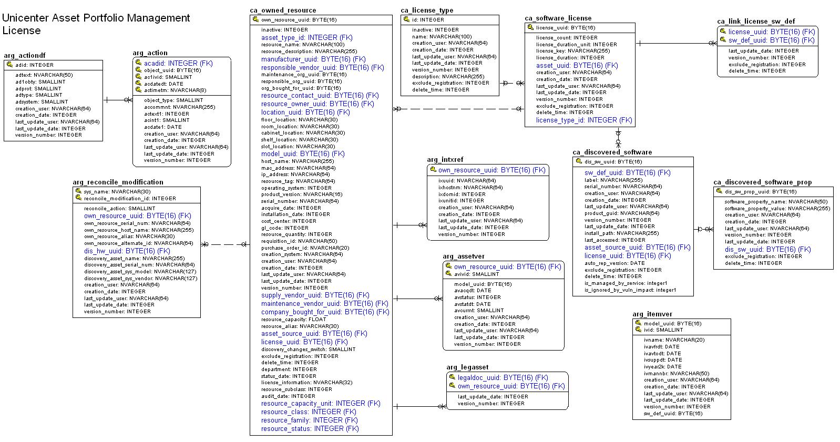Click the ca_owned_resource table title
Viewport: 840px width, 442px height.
[283, 10]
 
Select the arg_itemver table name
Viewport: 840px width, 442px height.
[652, 314]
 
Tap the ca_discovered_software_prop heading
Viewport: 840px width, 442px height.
[762, 182]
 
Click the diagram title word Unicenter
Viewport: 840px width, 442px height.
[25, 18]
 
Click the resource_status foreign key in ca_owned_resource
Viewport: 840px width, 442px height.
[310, 429]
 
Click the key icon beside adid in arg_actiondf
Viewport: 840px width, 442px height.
[9, 65]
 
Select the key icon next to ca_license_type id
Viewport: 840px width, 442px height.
[406, 19]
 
